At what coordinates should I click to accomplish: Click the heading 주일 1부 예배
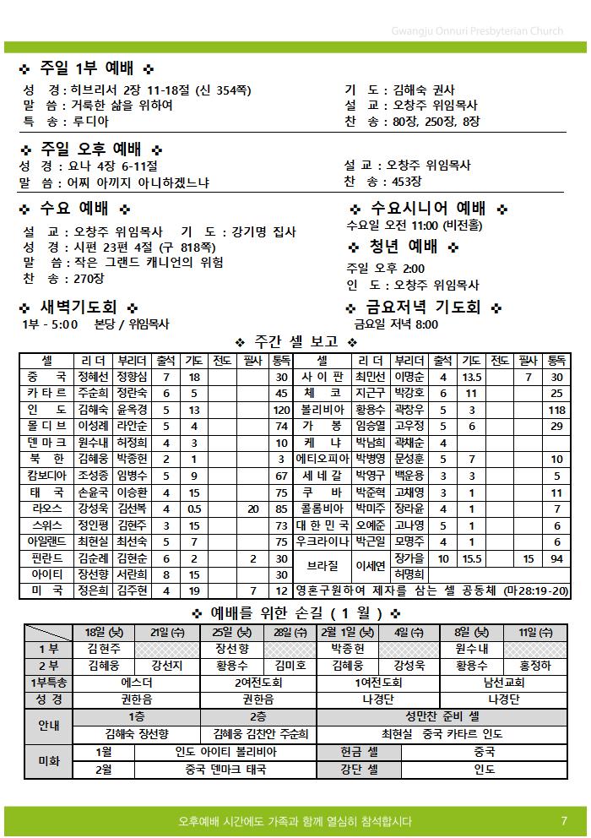tap(85, 68)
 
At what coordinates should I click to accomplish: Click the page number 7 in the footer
tap(563, 821)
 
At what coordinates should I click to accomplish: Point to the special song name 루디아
tap(90, 121)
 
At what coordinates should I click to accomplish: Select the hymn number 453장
tap(406, 182)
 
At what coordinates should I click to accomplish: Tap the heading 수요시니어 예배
tap(428, 208)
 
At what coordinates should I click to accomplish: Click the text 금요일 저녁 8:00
tap(396, 324)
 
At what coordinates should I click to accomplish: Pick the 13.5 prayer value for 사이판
tap(472, 377)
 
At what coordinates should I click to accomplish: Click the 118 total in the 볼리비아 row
tap(556, 410)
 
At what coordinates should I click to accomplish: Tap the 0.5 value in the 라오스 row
tap(194, 509)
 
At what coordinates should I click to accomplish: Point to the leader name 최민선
tap(370, 377)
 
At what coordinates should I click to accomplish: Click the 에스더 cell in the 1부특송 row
tap(137, 683)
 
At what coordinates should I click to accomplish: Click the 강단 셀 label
tap(359, 770)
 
